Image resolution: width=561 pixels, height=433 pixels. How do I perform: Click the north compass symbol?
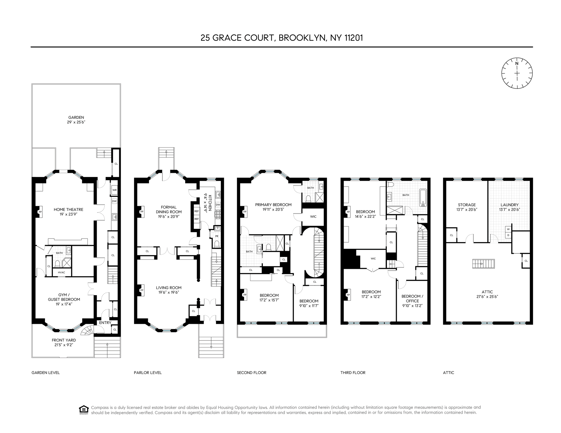click(x=517, y=73)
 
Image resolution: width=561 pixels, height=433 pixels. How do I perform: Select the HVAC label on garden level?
click(x=61, y=272)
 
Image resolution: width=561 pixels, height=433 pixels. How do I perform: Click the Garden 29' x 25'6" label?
click(x=76, y=120)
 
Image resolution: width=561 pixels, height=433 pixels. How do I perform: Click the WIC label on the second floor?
click(x=313, y=217)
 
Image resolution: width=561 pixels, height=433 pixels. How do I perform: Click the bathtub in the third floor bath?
click(x=423, y=198)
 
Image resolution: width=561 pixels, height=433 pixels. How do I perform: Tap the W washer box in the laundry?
click(x=508, y=229)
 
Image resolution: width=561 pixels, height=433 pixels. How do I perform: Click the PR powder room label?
click(x=217, y=236)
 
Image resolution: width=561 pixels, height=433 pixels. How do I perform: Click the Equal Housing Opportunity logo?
click(x=84, y=410)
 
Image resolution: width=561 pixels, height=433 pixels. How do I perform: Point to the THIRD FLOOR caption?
click(x=353, y=373)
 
